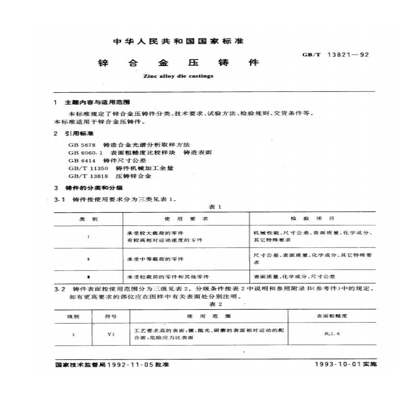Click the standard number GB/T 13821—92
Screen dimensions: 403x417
tap(335, 55)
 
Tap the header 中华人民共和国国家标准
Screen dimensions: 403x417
tap(178, 42)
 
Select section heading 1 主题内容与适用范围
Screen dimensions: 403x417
tap(93, 103)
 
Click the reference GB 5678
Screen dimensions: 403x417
tap(82, 144)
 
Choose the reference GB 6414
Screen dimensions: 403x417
tap(82, 160)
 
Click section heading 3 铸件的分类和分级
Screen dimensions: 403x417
tap(91, 188)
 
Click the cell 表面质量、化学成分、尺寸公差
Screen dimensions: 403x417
tap(294, 277)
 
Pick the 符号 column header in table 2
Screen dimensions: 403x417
tap(110, 316)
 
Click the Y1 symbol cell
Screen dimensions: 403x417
tap(110, 335)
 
